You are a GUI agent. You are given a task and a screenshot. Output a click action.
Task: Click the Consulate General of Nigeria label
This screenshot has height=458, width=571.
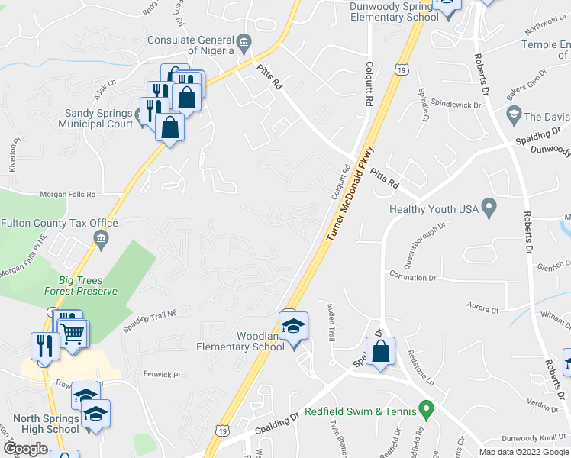click(x=190, y=40)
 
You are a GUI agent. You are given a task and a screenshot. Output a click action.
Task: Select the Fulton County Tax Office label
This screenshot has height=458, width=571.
click(x=60, y=223)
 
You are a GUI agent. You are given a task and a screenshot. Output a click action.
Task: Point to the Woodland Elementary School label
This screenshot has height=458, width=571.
click(x=244, y=340)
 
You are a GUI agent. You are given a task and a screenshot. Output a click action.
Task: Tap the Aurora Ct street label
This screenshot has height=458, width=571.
click(x=482, y=310)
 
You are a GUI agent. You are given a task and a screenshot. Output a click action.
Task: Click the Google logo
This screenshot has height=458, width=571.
click(x=25, y=449)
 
